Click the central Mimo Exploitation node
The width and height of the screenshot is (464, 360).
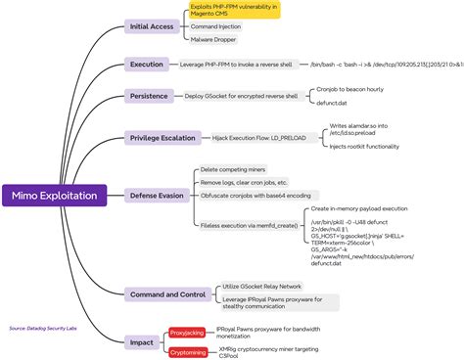coord(55,196)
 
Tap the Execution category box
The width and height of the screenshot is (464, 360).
coord(147,65)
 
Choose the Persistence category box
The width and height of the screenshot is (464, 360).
coord(150,96)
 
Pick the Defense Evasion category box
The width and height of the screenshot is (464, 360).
coord(157,196)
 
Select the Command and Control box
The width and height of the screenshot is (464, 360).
coord(166,293)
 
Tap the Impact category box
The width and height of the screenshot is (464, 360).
coord(141,342)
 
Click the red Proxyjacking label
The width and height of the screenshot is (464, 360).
coord(187,332)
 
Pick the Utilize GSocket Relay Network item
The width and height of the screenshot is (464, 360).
coord(262,286)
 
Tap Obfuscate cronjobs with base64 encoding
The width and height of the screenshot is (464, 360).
coord(256,196)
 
